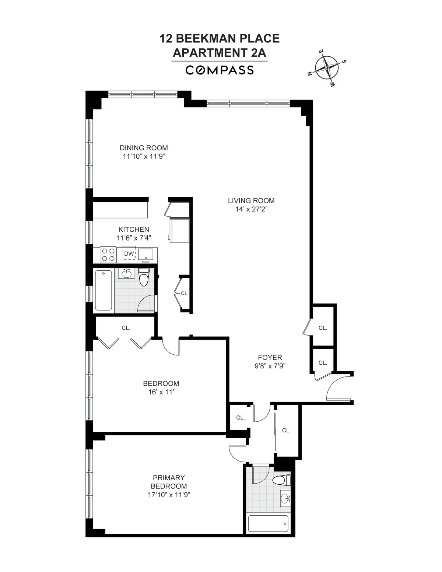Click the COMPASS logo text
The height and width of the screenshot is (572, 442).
pos(220,70)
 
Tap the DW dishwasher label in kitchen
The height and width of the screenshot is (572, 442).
pos(129,254)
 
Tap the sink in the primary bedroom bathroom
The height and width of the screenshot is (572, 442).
pos(285,499)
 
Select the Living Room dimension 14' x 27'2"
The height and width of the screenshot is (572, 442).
pos(251,209)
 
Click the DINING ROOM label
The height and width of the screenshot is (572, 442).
pos(144,148)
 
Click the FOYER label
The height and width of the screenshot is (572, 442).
pos(270,357)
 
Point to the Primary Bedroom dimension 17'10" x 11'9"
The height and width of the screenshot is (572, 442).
pos(169,495)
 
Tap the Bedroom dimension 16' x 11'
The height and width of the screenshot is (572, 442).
pos(161,392)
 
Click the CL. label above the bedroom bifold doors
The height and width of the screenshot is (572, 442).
pos(126,328)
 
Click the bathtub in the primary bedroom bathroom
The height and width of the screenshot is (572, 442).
pos(268,523)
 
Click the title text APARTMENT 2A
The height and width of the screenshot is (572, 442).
pos(220,53)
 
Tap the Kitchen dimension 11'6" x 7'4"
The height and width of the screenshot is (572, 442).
pos(134,238)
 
